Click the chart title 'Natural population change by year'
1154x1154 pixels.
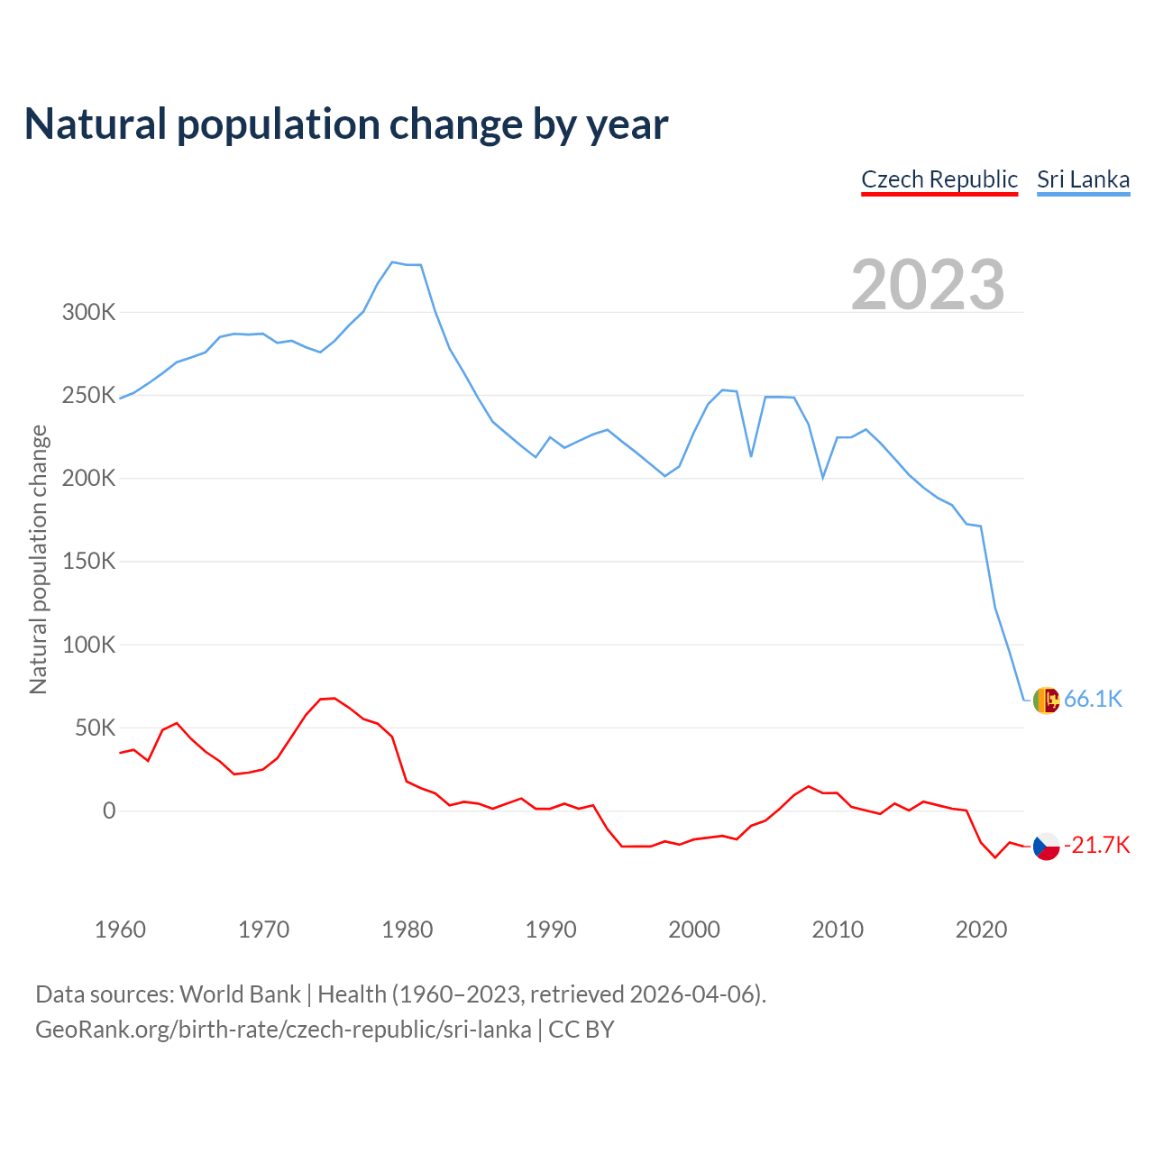tap(346, 124)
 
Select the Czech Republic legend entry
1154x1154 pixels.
tap(939, 179)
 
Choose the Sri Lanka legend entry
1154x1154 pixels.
tap(1083, 179)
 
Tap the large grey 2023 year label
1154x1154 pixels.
tap(928, 285)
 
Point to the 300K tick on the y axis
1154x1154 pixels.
tap(88, 313)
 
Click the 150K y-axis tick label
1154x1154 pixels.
tap(88, 562)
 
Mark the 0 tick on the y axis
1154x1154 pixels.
tap(109, 811)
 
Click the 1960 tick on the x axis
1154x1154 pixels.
tap(120, 930)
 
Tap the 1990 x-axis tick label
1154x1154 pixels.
tap(550, 930)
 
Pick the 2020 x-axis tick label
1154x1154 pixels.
tap(981, 930)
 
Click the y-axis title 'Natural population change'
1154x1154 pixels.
tap(38, 559)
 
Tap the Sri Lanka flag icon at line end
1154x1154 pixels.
tap(1046, 700)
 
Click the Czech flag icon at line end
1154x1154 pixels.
tap(1046, 847)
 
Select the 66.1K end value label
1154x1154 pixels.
tap(1093, 699)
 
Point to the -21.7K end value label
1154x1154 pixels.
tap(1096, 845)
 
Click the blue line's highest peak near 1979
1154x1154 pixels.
tap(392, 262)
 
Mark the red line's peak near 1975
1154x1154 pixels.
tap(334, 698)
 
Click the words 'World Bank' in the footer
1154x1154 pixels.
tap(240, 994)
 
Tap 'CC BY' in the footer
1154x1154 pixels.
tap(582, 1030)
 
